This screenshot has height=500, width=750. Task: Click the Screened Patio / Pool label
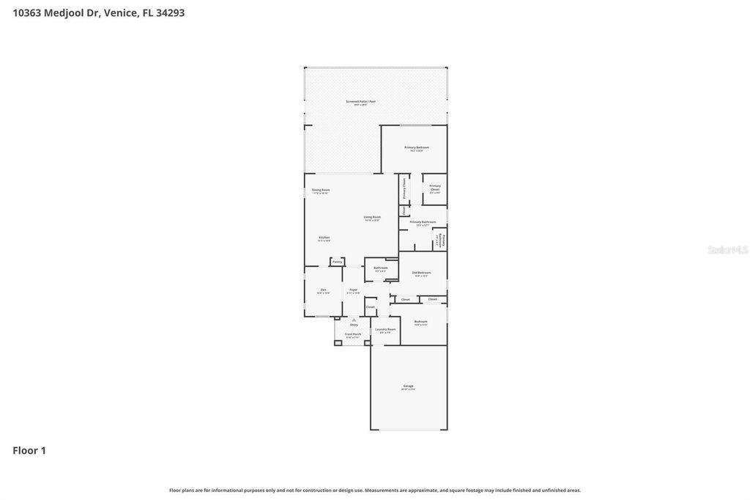pos(360,103)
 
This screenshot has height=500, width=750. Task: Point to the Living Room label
pos(372,218)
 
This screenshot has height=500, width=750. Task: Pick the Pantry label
pos(337,261)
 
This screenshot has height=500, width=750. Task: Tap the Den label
pos(323,291)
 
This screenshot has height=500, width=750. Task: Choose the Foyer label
pos(353,291)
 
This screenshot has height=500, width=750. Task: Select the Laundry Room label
pos(385,330)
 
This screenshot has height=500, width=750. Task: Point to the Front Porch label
pos(353,335)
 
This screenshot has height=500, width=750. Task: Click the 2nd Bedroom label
pos(421,273)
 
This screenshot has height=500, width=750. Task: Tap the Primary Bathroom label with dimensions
pos(423,223)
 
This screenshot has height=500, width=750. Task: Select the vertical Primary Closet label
pos(404,188)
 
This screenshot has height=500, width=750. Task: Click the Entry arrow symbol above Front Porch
pos(354,320)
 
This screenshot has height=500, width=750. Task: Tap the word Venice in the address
pos(121,12)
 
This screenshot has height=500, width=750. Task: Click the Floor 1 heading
pos(29,450)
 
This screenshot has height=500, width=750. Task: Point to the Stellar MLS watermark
pos(727,250)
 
